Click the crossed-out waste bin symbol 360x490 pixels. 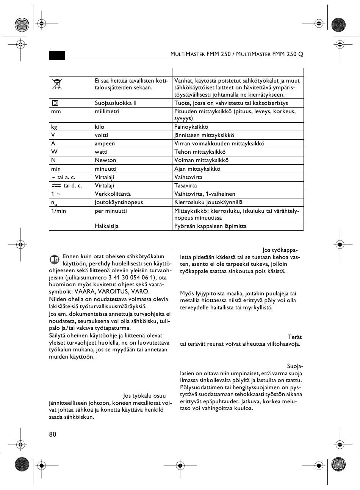point(57,84)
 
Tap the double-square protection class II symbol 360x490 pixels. point(55,103)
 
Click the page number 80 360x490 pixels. point(52,434)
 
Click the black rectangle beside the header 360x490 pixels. point(57,55)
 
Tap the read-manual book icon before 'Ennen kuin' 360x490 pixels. point(55,259)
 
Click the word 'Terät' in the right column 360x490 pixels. point(295,337)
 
